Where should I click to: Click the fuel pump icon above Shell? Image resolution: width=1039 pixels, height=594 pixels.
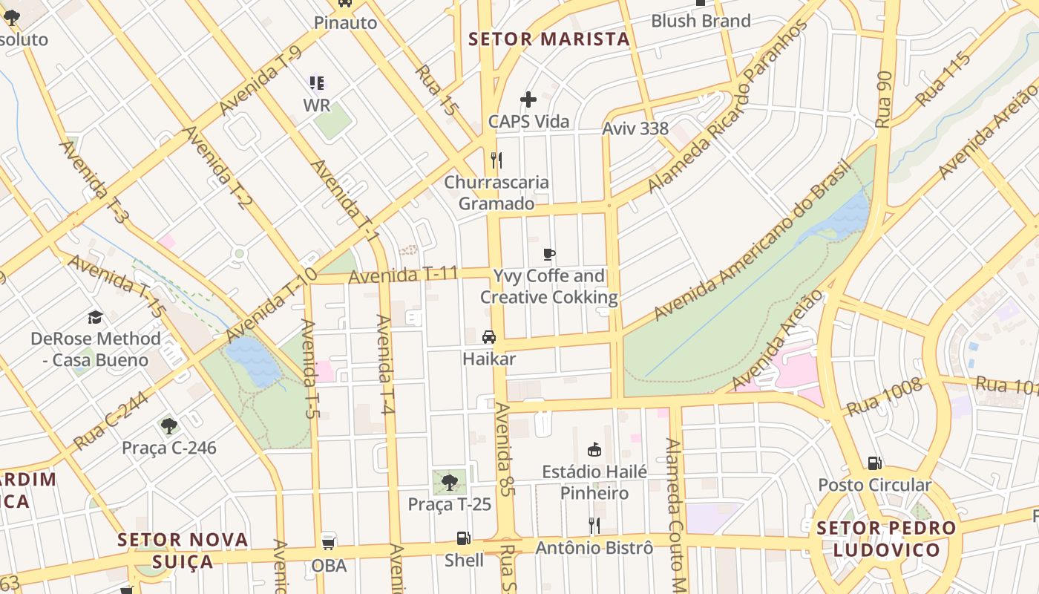[x=463, y=538]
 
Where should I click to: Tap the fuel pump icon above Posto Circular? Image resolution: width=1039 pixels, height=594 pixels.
[x=875, y=463]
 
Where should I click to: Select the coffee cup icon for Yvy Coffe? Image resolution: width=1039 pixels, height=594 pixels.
[x=549, y=255]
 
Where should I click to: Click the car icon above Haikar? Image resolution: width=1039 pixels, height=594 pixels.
[x=489, y=337]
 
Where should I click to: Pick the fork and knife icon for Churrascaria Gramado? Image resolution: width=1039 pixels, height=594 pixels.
[x=496, y=160]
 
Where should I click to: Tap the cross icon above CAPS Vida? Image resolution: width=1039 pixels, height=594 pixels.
[x=528, y=99]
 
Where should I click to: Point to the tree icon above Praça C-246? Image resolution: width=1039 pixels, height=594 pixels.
[x=169, y=426]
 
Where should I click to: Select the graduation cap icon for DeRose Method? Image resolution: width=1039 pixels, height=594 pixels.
[x=95, y=317]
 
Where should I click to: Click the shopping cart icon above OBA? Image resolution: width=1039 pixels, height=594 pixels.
[x=328, y=543]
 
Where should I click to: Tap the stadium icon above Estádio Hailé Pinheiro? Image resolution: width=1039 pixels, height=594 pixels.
[x=594, y=449]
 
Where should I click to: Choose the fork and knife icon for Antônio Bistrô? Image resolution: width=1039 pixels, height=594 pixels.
[x=594, y=526]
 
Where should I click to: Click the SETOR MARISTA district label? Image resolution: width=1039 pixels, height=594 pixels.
[x=549, y=39]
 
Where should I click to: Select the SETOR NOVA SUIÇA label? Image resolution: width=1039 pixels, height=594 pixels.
[x=183, y=549]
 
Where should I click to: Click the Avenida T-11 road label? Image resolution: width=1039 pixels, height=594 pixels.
[x=403, y=275]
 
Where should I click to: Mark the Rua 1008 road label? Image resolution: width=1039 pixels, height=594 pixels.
[x=884, y=396]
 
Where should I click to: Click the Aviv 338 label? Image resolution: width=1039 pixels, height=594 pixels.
[x=635, y=128]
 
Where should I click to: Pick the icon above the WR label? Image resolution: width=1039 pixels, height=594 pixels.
[x=317, y=82]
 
